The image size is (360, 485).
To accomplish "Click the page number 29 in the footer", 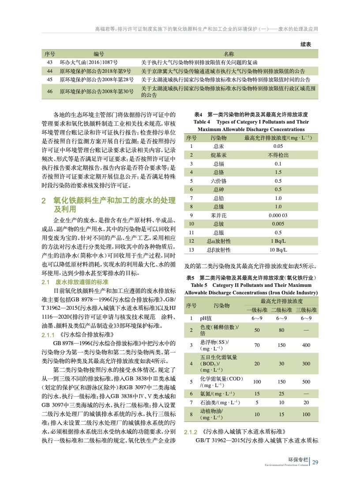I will coord(315,462).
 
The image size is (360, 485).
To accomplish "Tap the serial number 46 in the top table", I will coord(49,91).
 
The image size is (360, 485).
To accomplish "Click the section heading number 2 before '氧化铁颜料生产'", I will coord(44,201).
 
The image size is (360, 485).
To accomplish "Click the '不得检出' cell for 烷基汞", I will coord(278,155).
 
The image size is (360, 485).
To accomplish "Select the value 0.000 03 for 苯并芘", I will coord(278,215).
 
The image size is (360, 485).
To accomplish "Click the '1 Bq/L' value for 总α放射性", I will coord(278,241).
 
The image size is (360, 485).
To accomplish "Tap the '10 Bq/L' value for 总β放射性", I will coord(278,250).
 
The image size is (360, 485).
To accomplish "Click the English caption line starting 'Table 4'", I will coord(251,122).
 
